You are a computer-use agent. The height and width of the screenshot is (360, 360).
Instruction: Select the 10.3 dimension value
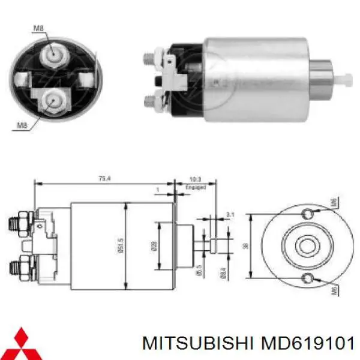tap(195, 179)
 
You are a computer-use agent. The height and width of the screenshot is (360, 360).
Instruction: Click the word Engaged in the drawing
tap(196, 187)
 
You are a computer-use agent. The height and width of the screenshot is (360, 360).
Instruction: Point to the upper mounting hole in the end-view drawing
tap(308, 214)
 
